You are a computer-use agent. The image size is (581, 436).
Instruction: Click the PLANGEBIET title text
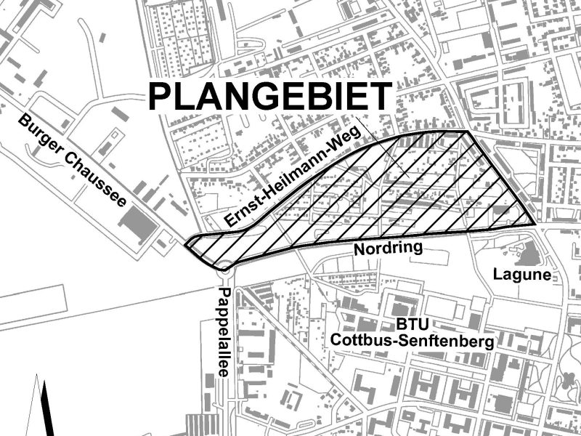click(x=269, y=97)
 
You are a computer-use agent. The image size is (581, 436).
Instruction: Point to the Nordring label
click(x=388, y=249)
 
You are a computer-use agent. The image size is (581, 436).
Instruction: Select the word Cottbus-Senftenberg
click(x=412, y=340)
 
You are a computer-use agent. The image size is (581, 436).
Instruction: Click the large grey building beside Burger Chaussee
click(x=139, y=222)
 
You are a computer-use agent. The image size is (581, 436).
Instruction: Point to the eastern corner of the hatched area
click(x=534, y=222)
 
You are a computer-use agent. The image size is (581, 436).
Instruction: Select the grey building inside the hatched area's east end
click(x=500, y=211)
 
